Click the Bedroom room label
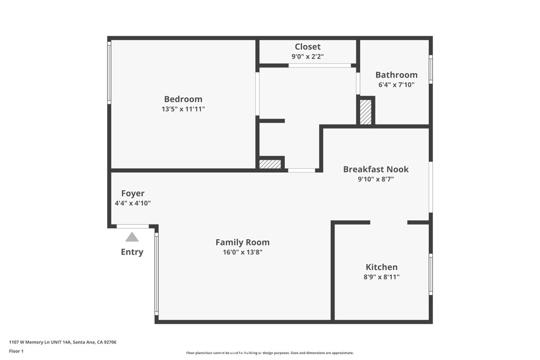point(183,99)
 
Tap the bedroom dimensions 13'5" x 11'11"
point(183,109)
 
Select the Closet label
point(307,47)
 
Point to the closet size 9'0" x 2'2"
point(307,56)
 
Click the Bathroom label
point(396,75)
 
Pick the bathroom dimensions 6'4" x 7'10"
point(396,85)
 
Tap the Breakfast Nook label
point(375,169)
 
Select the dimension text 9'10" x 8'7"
point(375,179)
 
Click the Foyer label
point(132,193)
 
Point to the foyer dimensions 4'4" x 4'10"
point(132,203)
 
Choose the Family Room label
point(242,242)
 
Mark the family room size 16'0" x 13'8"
point(242,252)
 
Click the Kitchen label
point(381,267)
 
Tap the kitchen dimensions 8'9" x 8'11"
point(381,277)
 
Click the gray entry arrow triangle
point(132,238)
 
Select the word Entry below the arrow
point(132,252)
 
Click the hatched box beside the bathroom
point(365,112)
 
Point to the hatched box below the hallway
point(270,164)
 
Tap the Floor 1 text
point(16,351)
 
